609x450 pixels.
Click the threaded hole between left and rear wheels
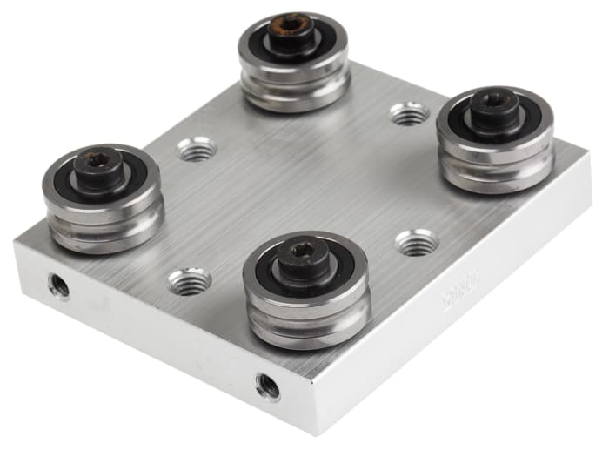tap(197, 150)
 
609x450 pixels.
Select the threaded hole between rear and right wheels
tap(409, 113)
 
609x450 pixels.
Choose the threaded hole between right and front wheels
tap(417, 242)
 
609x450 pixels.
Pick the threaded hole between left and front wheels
tap(190, 281)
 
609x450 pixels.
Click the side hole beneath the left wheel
tap(59, 285)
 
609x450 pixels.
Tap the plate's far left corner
tap(15, 241)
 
